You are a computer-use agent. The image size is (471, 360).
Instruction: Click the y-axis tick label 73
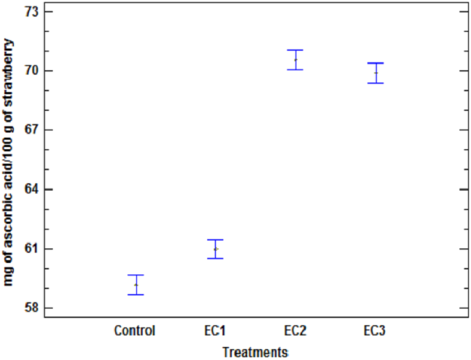[x=32, y=12]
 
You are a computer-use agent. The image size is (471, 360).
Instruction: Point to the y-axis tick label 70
[x=32, y=71]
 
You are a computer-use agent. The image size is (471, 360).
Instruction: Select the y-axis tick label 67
[x=32, y=130]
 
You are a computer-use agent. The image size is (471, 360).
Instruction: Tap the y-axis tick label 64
[x=32, y=190]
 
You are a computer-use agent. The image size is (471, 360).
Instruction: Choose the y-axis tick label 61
[x=32, y=249]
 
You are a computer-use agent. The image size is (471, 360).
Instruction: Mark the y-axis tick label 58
[x=32, y=309]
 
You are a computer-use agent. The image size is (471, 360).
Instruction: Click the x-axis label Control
[x=135, y=331]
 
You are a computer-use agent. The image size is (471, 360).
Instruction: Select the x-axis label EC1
[x=215, y=331]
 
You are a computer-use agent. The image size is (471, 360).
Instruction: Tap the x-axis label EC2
[x=295, y=331]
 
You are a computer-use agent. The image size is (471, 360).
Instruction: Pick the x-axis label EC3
[x=375, y=331]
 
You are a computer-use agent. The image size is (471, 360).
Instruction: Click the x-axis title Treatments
[x=255, y=352]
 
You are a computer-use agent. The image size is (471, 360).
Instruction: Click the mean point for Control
[x=136, y=285]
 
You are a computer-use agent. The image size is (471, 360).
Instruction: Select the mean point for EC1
[x=215, y=248]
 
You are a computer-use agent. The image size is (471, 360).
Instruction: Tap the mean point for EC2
[x=295, y=59]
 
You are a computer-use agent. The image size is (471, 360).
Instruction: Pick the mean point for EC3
[x=375, y=72]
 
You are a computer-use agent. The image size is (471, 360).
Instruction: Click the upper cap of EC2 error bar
[x=295, y=50]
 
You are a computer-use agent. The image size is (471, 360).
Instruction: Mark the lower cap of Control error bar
[x=136, y=295]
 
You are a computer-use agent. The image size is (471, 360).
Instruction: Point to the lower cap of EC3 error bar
[x=375, y=83]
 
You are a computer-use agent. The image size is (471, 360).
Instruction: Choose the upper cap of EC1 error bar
[x=215, y=240]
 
